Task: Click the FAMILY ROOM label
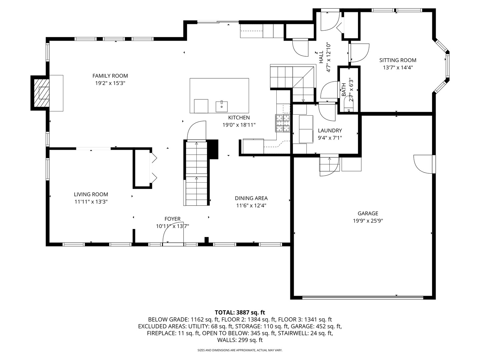pos(110,76)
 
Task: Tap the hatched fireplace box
pos(41,93)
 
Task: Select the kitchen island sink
pos(222,106)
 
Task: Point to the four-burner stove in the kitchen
pos(283,123)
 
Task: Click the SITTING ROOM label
pos(398,60)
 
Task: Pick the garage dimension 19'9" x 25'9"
pos(368,221)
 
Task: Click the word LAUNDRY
pos(330,130)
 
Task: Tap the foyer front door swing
pos(173,235)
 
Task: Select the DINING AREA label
pos(251,198)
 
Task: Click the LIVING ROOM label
pos(91,194)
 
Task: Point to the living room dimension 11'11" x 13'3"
pos(91,202)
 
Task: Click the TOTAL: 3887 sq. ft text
pos(240,312)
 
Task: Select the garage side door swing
pos(423,164)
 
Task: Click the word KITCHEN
pos(239,118)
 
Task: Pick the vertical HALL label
pos(321,57)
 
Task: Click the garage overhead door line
pos(363,297)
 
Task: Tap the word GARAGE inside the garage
pos(368,213)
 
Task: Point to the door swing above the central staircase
pos(196,130)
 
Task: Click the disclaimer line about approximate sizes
pos(240,350)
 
